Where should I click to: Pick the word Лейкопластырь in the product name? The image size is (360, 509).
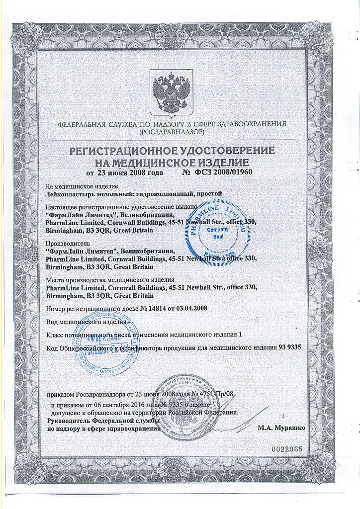click(68, 193)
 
